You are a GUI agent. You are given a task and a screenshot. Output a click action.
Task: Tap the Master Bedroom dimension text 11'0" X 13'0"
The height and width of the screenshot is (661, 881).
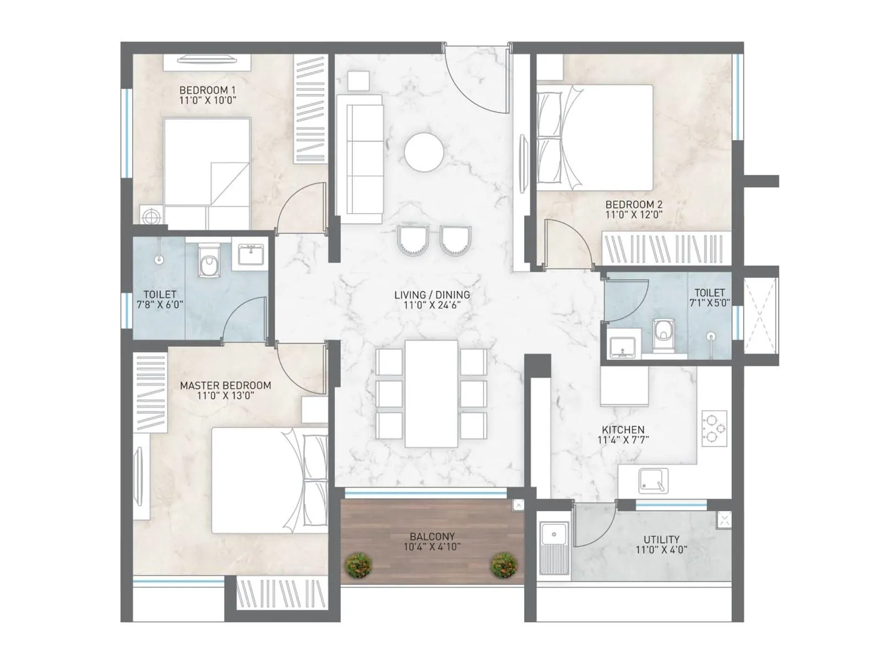point(225,395)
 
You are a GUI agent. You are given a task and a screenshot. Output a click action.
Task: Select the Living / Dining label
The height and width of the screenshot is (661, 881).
point(432,295)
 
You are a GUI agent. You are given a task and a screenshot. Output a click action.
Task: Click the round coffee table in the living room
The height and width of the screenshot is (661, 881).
point(423,152)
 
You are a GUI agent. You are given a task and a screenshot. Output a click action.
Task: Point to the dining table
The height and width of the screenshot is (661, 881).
point(431,393)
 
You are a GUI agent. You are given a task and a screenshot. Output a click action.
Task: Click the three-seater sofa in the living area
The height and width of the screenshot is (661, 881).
point(360,159)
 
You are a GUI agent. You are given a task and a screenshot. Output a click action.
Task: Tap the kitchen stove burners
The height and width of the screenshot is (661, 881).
point(714,428)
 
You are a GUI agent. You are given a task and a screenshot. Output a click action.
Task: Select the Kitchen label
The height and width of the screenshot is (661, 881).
point(623,430)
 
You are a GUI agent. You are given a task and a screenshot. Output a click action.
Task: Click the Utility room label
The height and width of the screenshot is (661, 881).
point(661,539)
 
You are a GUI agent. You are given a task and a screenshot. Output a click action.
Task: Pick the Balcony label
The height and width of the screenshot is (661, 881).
point(432,536)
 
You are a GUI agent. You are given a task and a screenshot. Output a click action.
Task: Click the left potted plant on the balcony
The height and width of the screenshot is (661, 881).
point(359,566)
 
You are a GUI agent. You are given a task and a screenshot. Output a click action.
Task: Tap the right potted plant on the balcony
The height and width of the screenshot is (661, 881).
point(504,566)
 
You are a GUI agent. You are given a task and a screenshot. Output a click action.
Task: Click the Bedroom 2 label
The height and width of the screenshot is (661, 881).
point(634,204)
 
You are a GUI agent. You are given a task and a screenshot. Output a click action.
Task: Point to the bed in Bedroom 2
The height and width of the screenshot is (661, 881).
point(595,137)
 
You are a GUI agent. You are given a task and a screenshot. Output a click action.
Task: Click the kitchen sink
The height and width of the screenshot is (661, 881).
point(654,481)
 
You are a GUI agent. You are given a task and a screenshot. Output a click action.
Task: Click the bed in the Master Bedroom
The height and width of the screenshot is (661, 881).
point(270,480)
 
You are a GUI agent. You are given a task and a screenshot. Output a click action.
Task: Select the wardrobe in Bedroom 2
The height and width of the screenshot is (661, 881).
point(667,249)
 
